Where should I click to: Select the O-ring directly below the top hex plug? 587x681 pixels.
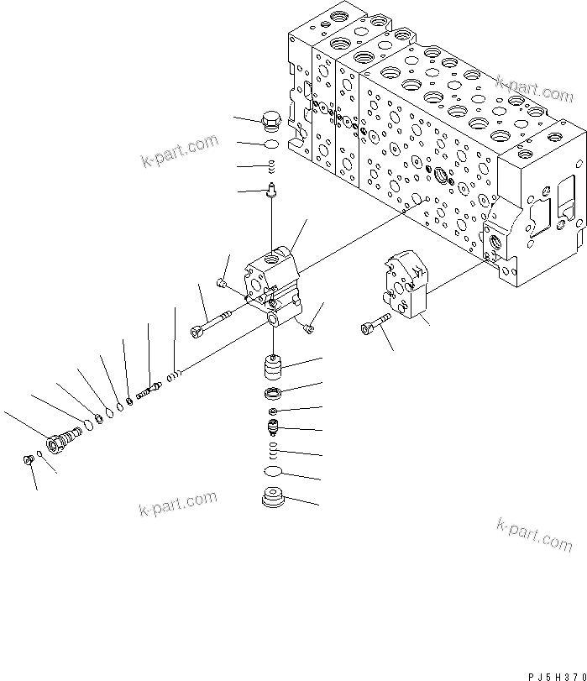coord(271,144)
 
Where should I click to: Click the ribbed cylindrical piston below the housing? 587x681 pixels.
coord(271,368)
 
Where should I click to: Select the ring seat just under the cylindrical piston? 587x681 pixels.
coord(273,395)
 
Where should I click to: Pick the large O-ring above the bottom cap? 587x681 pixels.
coord(273,472)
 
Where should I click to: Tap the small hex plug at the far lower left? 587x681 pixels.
coord(27,458)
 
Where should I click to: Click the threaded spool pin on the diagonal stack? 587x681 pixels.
coord(148,390)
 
